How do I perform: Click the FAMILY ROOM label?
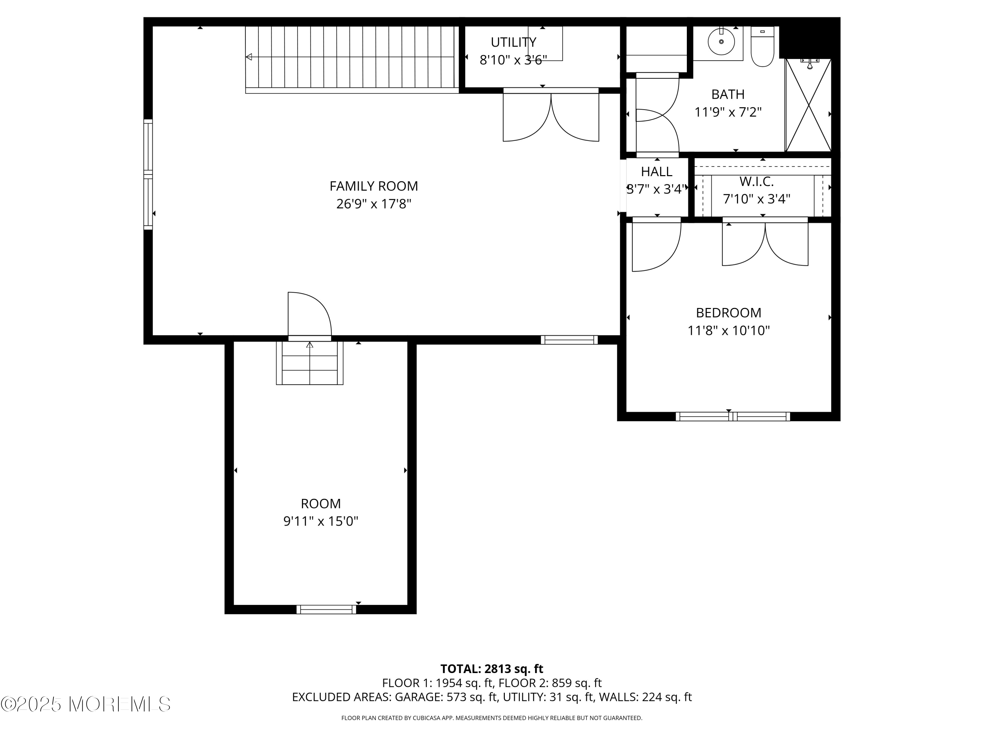[x=374, y=186]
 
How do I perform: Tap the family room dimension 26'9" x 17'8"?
[x=374, y=204]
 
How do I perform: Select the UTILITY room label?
[x=513, y=42]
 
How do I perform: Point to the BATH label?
[x=728, y=94]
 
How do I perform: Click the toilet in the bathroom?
[x=763, y=46]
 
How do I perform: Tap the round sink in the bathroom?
[x=721, y=41]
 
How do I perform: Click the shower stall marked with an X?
[x=808, y=105]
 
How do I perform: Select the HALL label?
[x=657, y=172]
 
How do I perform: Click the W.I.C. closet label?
[x=757, y=181]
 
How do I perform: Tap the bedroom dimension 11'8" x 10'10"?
[x=728, y=331]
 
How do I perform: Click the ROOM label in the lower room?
[x=321, y=503]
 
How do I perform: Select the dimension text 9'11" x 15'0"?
[x=321, y=522]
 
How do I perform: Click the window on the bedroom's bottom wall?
[x=733, y=416]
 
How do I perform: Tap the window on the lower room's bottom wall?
[x=326, y=609]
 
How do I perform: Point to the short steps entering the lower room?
[x=310, y=362]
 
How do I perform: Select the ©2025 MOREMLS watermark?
[x=85, y=704]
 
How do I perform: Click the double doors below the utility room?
[x=551, y=115]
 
